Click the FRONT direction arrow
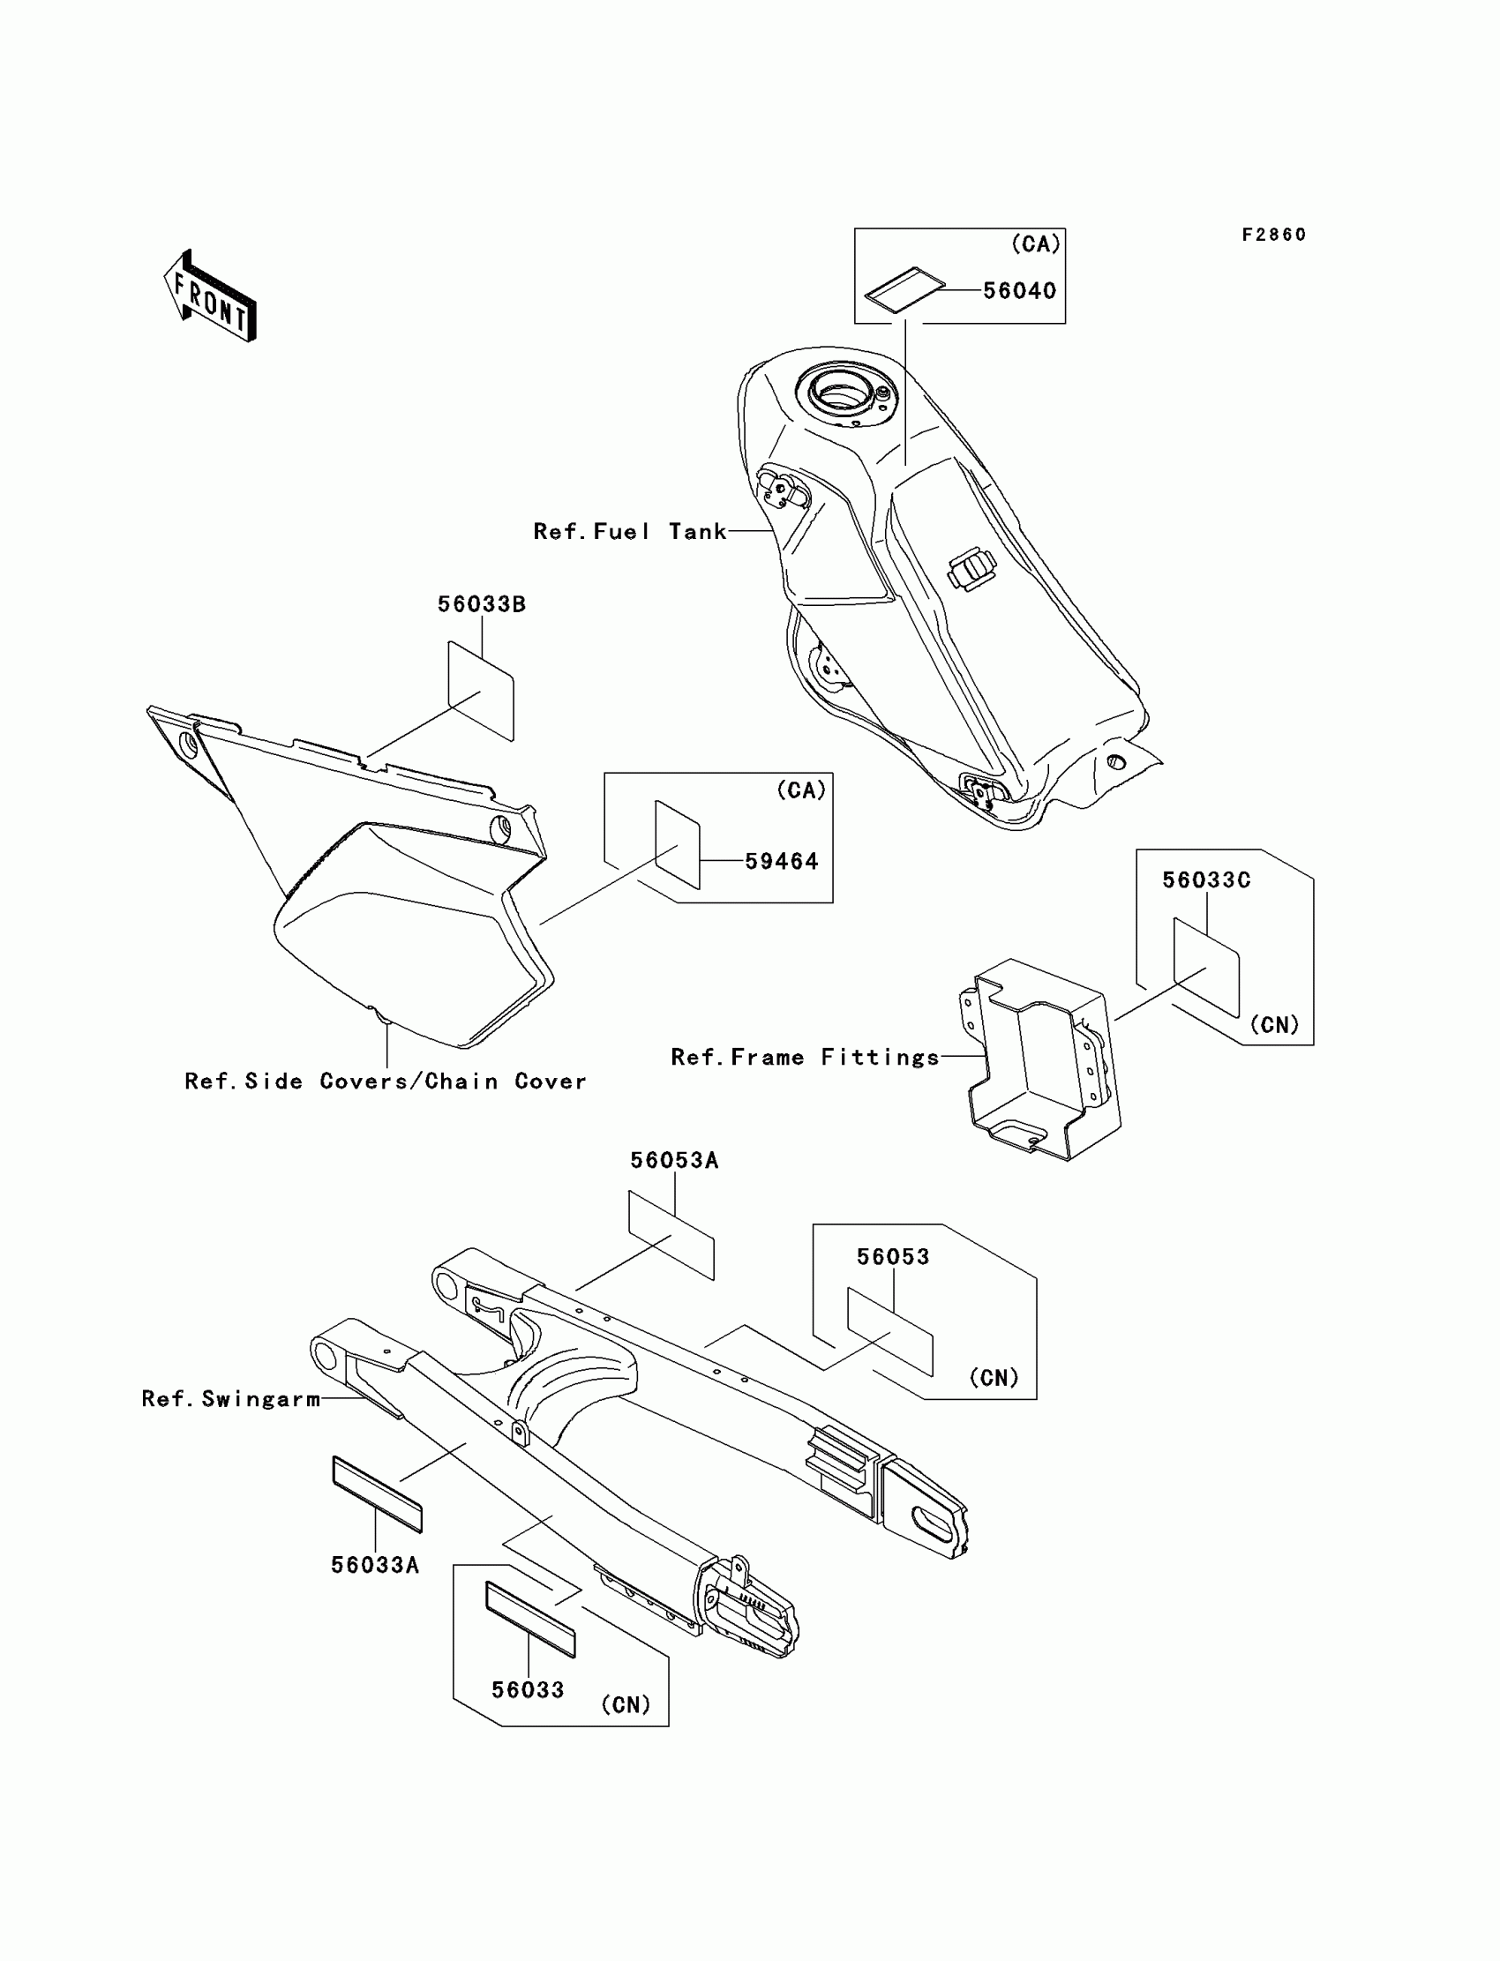[x=211, y=297]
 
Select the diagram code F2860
[x=1273, y=235]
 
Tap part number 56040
[x=1019, y=291]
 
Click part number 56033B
[x=481, y=604]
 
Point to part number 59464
[x=781, y=861]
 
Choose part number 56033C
[x=1205, y=880]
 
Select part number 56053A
[x=674, y=1160]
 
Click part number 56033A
[x=375, y=1565]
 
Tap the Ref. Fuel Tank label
[x=629, y=532]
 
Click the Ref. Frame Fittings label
[x=805, y=1058]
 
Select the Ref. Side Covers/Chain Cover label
[x=385, y=1082]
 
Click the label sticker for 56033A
[x=377, y=1494]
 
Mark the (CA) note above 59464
[x=801, y=790]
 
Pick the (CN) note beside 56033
[x=625, y=1705]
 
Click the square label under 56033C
[x=1206, y=967]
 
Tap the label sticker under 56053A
[x=671, y=1234]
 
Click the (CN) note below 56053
[x=994, y=1377]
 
